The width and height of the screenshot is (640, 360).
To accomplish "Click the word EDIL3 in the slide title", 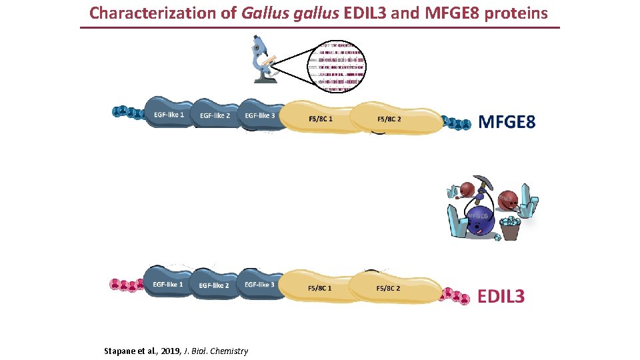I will tap(370, 13).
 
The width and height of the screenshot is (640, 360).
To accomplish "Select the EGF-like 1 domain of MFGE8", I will tap(169, 115).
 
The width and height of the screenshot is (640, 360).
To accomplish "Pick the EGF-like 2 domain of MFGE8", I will tap(215, 116).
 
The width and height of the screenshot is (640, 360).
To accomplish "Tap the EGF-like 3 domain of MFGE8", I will tap(260, 115).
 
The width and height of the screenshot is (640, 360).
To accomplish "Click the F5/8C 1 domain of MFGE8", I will tap(321, 119).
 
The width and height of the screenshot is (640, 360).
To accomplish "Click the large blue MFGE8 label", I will tap(507, 122).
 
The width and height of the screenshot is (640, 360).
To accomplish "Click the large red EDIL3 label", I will tap(501, 296).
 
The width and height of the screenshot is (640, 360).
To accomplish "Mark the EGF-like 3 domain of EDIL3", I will tap(259, 285).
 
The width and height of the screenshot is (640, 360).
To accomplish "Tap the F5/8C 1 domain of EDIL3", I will tap(321, 289).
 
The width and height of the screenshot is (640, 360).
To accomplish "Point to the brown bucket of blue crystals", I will tap(512, 229).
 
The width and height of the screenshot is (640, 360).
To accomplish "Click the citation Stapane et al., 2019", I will tap(176, 351).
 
